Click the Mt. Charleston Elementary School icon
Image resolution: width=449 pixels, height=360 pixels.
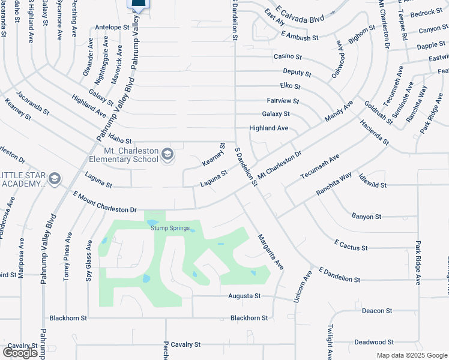167,155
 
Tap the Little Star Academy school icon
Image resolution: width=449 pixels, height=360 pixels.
55,178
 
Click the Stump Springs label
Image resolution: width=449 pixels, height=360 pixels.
170,228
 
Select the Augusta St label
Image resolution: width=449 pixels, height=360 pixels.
244,296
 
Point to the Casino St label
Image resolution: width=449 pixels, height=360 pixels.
288,56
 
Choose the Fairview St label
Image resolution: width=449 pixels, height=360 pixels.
283,101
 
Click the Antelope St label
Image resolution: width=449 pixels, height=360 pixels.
112,28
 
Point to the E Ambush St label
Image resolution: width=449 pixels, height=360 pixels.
300,38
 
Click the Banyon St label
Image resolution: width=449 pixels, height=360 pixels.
366,216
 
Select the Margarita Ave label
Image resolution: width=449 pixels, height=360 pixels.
270,251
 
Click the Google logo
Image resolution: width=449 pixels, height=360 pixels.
20,353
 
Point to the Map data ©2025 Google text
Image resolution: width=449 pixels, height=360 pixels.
411,355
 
